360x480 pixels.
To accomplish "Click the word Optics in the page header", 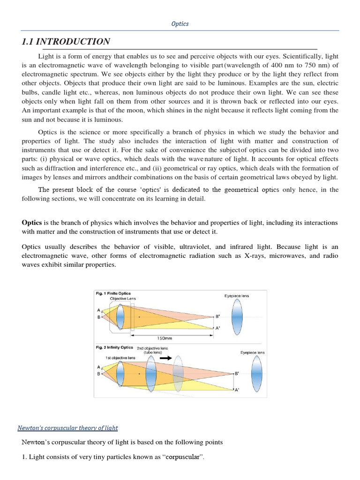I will click(180, 23).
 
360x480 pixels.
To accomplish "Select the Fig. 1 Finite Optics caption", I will click(113, 293).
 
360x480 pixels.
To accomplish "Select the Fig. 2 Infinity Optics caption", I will click(114, 348).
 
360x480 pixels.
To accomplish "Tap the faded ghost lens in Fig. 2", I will click(177, 373).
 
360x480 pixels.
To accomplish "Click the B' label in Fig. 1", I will click(217, 316).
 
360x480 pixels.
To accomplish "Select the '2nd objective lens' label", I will click(152, 348).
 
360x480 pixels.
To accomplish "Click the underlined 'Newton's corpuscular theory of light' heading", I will click(67, 427).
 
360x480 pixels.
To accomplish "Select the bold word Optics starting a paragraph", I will click(32, 222).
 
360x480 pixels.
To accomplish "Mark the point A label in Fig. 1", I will click(98, 310).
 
